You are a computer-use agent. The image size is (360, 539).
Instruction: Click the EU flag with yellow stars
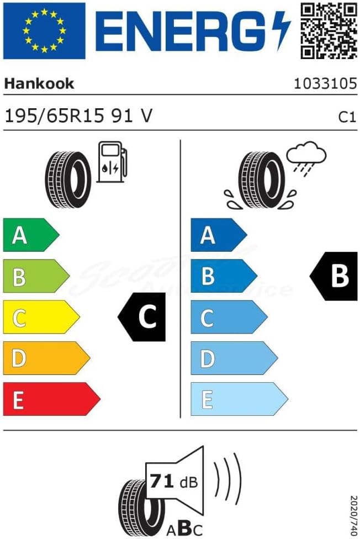click(x=44, y=30)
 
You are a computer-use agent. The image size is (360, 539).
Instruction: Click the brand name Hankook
click(x=39, y=83)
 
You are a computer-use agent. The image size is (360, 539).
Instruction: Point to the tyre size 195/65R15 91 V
click(x=78, y=115)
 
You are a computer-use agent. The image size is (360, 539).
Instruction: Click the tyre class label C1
click(x=346, y=117)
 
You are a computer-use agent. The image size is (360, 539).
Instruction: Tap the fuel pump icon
click(x=112, y=161)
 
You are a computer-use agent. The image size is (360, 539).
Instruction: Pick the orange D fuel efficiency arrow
click(x=46, y=358)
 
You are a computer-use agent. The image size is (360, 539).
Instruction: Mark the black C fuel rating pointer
click(x=143, y=318)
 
